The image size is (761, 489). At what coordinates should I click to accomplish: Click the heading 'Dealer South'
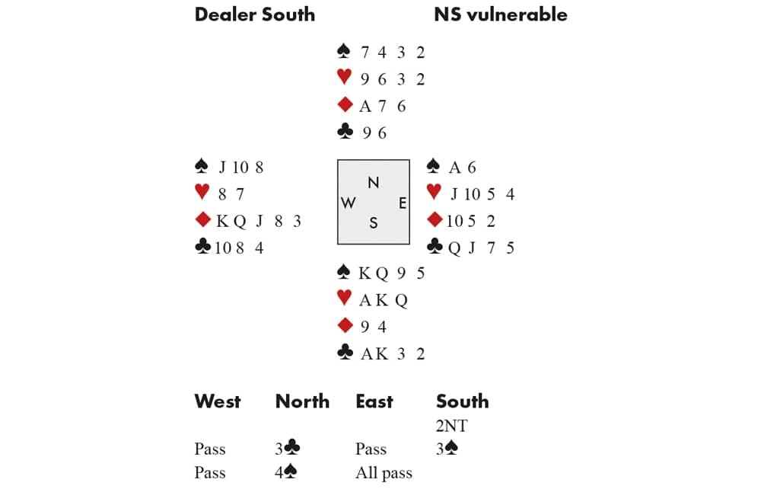[x=254, y=14]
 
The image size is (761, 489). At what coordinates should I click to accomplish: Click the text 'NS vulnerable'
[x=500, y=14]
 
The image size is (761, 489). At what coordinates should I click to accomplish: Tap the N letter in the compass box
[x=373, y=183]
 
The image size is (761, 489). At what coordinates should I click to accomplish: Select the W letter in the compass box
[x=349, y=203]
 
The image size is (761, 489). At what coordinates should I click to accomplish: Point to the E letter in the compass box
[x=402, y=203]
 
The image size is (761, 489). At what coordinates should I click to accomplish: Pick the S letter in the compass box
[x=373, y=222]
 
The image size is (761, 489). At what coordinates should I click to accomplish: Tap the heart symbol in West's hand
[x=202, y=193]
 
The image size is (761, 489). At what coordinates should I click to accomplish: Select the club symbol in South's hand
[x=345, y=353]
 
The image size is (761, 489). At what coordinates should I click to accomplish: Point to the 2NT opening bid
[x=451, y=426]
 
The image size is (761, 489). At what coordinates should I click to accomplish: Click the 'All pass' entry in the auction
[x=384, y=473]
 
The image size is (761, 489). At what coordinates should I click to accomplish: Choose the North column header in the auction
[x=302, y=401]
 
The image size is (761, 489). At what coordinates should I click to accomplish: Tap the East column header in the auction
[x=374, y=401]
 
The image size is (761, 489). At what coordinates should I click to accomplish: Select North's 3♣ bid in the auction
[x=286, y=449]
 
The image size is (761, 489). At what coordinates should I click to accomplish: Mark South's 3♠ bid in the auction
[x=447, y=449]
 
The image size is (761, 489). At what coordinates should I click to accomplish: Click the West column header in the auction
[x=218, y=401]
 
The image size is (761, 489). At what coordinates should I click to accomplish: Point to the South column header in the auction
[x=462, y=401]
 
